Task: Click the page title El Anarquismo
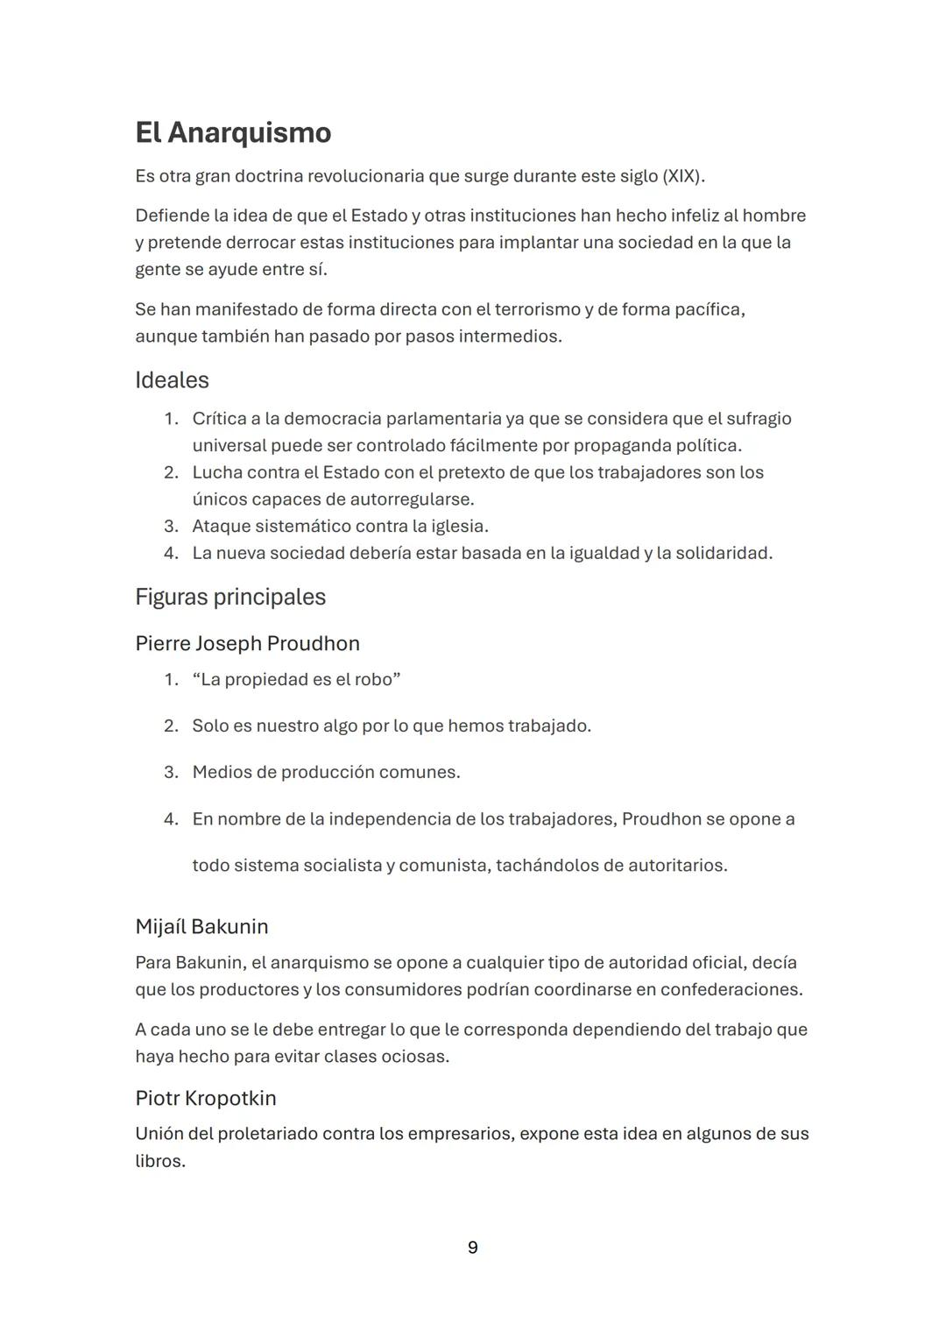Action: coord(233,132)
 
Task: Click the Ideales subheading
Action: coord(172,380)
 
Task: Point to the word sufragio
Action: coord(756,419)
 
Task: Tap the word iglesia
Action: coord(456,526)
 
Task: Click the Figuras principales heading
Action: coord(230,597)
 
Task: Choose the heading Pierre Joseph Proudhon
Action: coord(247,643)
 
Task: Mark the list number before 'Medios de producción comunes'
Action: coord(171,772)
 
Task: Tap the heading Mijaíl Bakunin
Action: coord(201,926)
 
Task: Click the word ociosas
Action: coord(415,1056)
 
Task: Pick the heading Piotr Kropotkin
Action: coord(205,1098)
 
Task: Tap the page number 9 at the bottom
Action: coord(473,1248)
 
